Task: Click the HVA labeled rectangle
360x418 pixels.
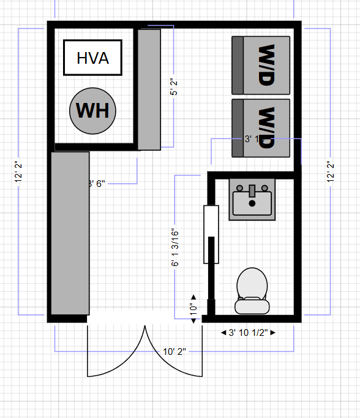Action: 93,58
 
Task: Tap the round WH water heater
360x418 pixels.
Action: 93,110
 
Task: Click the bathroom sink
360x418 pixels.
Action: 252,199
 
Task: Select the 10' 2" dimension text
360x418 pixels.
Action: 174,351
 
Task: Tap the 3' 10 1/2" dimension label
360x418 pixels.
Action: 248,332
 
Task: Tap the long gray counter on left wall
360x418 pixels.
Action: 70,233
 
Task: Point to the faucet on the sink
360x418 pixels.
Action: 252,191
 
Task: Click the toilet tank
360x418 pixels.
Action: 252,304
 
